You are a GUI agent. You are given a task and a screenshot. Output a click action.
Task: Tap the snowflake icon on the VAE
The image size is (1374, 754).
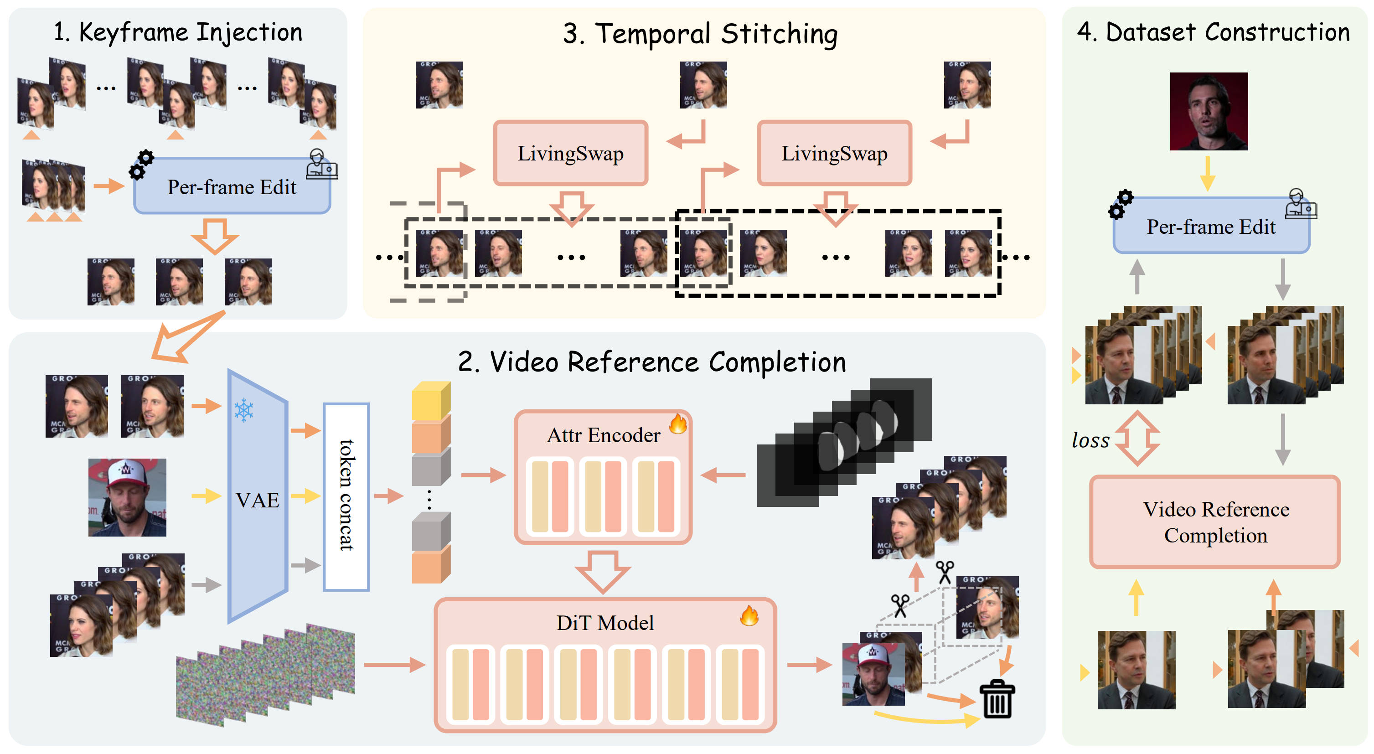[244, 410]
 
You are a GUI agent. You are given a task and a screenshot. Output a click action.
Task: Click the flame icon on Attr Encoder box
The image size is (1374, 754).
[678, 424]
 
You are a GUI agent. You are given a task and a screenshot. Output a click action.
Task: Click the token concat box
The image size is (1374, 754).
[346, 496]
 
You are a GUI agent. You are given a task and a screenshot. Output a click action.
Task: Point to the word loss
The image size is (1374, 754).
[1090, 440]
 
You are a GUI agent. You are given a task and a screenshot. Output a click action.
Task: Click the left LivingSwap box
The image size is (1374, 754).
[570, 154]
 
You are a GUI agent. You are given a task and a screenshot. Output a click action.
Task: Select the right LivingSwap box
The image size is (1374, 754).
[834, 154]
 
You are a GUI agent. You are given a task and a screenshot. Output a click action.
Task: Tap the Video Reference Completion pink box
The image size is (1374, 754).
[1215, 522]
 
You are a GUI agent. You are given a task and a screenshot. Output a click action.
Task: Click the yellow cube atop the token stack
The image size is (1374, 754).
[430, 401]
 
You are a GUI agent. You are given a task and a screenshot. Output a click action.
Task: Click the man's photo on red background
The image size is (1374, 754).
[1208, 111]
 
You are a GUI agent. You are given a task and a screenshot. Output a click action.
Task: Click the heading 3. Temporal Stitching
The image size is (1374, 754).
[700, 34]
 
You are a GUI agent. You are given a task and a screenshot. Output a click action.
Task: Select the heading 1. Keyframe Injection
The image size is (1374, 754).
[178, 32]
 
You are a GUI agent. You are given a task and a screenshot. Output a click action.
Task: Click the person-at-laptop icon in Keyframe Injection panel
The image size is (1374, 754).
[321, 164]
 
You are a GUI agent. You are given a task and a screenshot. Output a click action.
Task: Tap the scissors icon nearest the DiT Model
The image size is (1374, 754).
[900, 606]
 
